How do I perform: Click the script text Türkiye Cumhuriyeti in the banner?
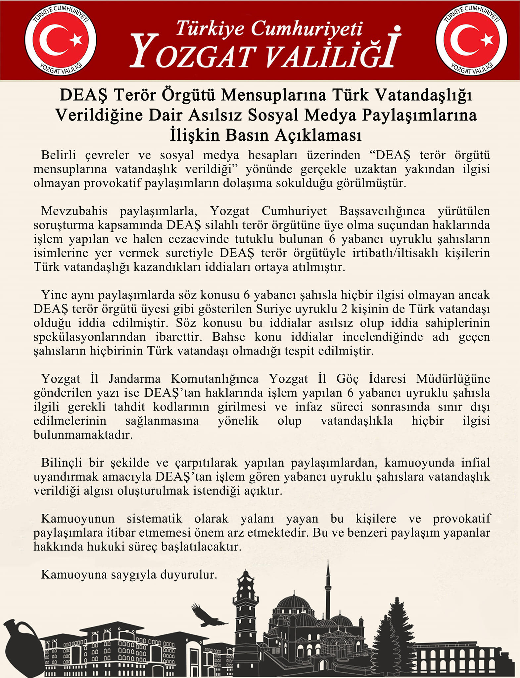click(269, 28)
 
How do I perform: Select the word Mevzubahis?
click(74, 211)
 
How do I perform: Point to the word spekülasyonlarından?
click(90, 337)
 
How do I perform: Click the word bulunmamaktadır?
click(83, 435)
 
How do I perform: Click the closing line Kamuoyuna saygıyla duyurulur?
click(129, 575)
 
